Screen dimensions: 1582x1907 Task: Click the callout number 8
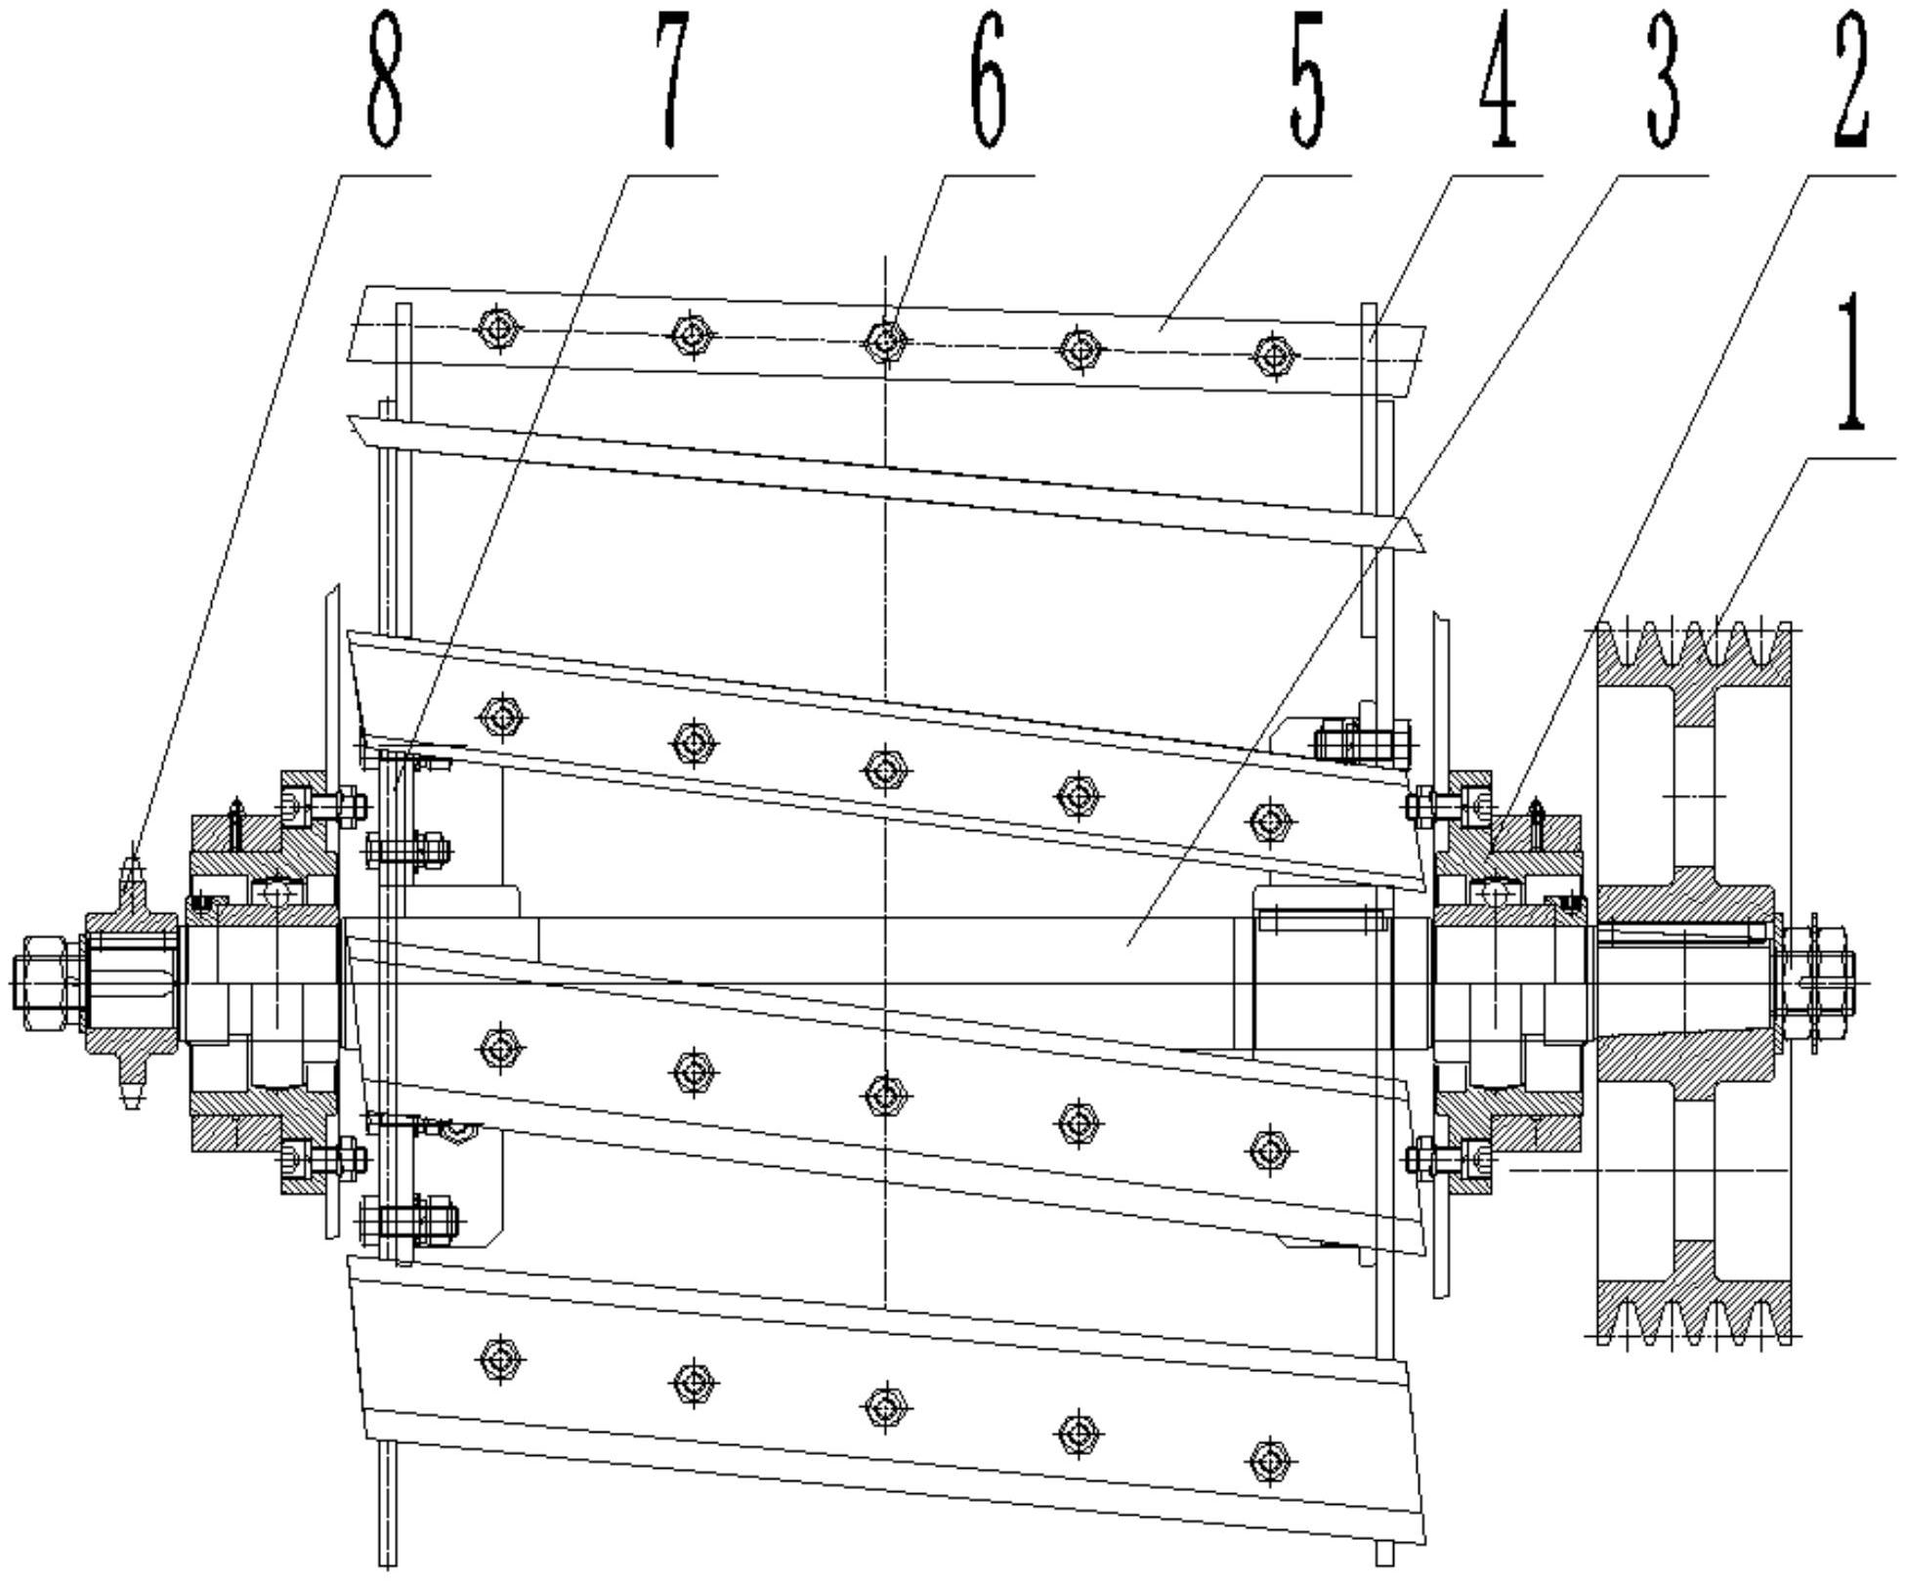pos(385,80)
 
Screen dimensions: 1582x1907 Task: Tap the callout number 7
pos(672,80)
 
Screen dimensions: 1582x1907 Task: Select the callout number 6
pos(989,80)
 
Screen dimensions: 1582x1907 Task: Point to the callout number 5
pos(1307,80)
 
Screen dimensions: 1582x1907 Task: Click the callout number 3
pos(1663,80)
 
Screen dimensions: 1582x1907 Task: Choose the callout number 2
pos(1850,80)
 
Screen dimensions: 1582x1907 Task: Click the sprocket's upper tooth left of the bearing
pos(132,874)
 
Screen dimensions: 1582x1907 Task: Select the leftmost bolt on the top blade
pos(499,329)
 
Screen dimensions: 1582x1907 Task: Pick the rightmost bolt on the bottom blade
pos(1269,1461)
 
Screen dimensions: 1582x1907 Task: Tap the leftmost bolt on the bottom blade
pos(500,1358)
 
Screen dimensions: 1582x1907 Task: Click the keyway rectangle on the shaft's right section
pos(1325,920)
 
